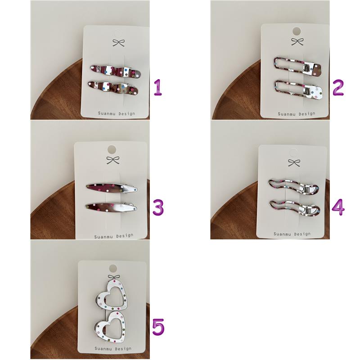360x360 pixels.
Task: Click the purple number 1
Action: click(158, 87)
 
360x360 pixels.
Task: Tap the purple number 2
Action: click(338, 87)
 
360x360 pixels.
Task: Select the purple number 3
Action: click(158, 207)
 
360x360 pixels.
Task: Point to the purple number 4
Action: click(338, 207)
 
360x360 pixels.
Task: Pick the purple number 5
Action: click(158, 327)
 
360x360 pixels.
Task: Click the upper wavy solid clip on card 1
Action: click(116, 71)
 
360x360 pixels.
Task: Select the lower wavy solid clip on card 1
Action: click(113, 88)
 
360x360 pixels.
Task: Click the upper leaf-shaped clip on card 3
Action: click(112, 188)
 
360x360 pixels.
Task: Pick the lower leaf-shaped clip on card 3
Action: click(111, 207)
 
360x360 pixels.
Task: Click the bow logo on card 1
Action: click(119, 42)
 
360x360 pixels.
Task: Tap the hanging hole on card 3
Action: click(112, 149)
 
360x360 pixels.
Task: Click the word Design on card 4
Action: click(302, 234)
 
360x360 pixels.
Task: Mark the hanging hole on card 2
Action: click(297, 31)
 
